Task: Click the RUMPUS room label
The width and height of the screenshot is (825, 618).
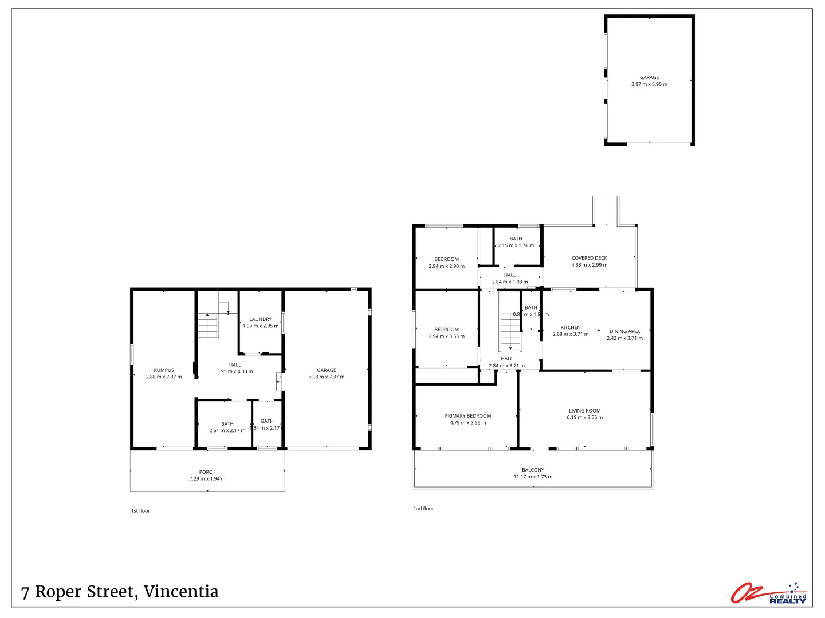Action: point(163,370)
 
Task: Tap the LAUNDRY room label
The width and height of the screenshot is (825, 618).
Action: point(260,319)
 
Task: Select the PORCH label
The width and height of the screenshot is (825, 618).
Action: point(207,472)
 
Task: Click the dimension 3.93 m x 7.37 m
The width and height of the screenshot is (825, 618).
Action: point(327,377)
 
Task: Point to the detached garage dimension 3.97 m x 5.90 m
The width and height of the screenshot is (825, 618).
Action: point(649,84)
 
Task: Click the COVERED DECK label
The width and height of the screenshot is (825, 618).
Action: point(589,258)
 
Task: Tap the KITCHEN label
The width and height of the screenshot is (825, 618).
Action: point(570,327)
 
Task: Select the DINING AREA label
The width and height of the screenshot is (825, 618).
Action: point(624,331)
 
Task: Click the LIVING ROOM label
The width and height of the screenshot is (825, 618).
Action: point(584,411)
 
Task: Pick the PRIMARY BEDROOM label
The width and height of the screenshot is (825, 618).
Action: point(467,416)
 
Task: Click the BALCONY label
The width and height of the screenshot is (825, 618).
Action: point(533,470)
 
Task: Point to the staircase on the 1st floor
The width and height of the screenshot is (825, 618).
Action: point(208,326)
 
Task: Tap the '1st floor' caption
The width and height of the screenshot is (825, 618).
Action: point(140,511)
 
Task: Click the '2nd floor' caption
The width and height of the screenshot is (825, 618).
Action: point(423,509)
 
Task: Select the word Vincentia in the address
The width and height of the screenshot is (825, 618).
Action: point(180,592)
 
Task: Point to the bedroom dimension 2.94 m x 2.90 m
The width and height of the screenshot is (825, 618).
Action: point(446,266)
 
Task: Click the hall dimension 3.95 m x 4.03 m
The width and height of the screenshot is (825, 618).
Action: point(235,372)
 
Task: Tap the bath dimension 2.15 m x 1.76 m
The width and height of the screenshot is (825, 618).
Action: point(516,245)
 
